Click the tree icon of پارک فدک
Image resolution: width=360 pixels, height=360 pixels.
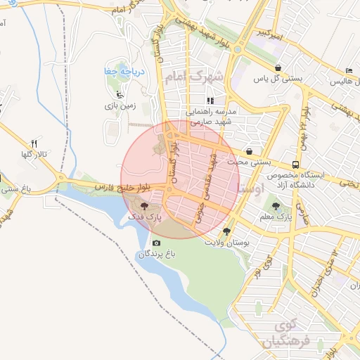tap(144, 207)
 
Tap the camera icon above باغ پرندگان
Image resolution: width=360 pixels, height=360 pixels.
tap(156, 243)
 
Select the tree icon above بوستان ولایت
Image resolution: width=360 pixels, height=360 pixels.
tap(226, 231)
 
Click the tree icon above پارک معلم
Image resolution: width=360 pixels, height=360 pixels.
tap(275, 207)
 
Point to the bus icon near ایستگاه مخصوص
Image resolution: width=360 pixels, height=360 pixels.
tap(295, 163)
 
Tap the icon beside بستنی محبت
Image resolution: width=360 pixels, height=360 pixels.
tap(250, 152)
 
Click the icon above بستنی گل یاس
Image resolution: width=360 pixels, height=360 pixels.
tap(278, 68)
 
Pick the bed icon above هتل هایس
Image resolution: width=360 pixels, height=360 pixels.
tap(349, 72)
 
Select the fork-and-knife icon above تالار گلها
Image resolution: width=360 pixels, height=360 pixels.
tap(33, 143)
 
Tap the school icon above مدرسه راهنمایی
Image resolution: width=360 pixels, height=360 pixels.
tap(210, 101)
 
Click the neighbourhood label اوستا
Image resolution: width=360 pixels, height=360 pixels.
tap(251, 189)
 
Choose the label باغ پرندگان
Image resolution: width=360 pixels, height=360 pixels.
tap(155, 254)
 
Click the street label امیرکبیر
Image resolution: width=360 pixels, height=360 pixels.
tap(269, 33)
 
